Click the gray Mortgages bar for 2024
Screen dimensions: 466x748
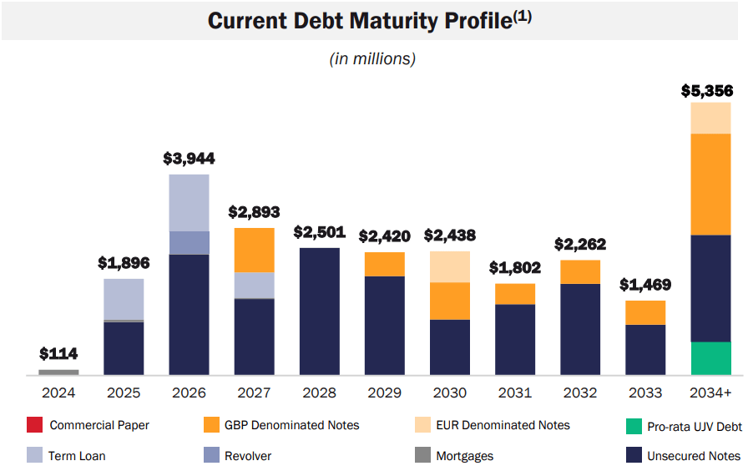[x=58, y=372]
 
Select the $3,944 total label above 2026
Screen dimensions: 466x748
[x=189, y=158]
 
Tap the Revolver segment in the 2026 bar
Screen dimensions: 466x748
[x=189, y=243]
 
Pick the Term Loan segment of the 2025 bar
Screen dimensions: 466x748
[x=124, y=299]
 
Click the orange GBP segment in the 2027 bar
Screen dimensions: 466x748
[x=254, y=250]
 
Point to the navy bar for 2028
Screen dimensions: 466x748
[x=319, y=311]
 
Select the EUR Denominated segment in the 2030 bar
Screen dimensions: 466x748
[x=450, y=266]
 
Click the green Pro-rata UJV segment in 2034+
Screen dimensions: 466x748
[x=710, y=358]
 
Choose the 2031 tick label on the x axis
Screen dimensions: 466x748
[x=515, y=393]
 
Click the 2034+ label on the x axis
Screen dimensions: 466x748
[x=710, y=393]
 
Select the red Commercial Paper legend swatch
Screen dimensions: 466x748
[x=35, y=425]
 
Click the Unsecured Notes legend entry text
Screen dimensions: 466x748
[x=694, y=456]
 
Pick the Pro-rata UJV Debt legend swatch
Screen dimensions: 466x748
[x=634, y=426]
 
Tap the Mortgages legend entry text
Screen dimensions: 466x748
[x=464, y=456]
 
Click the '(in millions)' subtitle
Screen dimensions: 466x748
[x=373, y=58]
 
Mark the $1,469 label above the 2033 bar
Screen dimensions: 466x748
[x=645, y=285]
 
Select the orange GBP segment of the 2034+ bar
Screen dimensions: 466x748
[x=710, y=184]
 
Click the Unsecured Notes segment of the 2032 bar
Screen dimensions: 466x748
[x=580, y=329]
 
